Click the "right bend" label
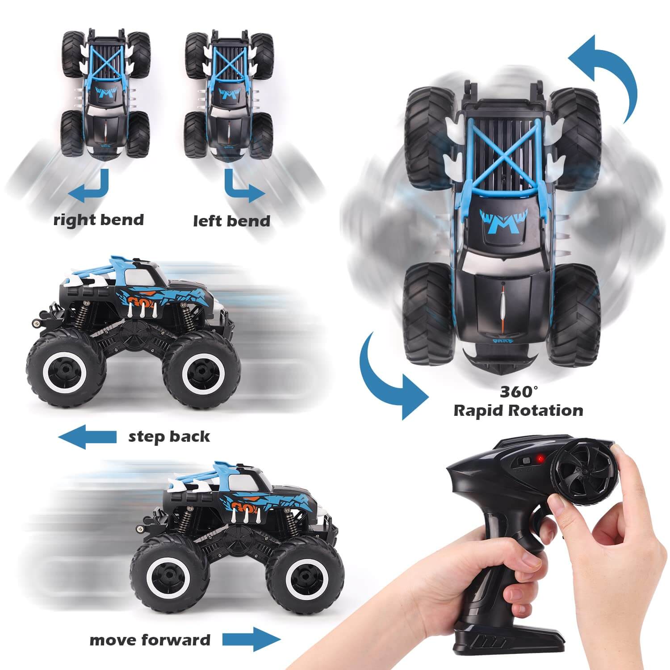tap(99, 220)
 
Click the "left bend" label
tap(232, 221)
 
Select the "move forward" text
tap(150, 640)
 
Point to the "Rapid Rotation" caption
tap(518, 410)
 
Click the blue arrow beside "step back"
tap(88, 436)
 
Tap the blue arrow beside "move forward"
tap(251, 639)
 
